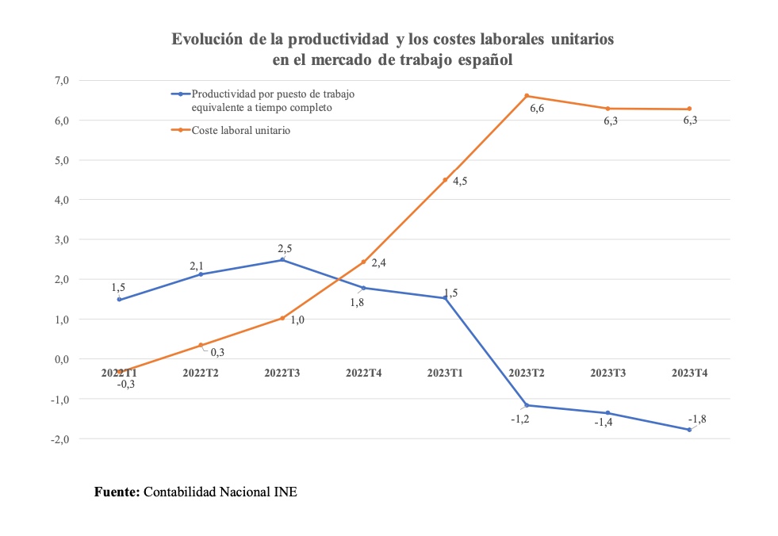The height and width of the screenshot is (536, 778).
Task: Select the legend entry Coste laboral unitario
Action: click(241, 130)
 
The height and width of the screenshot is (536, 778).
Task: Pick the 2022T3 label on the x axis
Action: click(282, 372)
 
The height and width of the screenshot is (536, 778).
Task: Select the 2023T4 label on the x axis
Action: click(689, 372)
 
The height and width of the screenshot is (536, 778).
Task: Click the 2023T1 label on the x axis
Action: click(445, 372)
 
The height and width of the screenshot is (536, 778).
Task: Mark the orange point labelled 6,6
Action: click(527, 96)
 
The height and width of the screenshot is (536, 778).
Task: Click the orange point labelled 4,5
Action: click(445, 180)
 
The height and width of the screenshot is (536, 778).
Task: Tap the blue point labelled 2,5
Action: click(282, 260)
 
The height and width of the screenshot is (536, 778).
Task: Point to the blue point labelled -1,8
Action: click(689, 430)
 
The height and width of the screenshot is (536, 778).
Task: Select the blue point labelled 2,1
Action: click(201, 274)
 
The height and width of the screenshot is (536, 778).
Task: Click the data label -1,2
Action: click(519, 419)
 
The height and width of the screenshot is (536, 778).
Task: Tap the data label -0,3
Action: click(125, 385)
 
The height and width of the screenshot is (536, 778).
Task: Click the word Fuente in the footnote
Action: click(117, 492)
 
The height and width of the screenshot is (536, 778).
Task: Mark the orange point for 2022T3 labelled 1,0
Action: click(282, 318)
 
